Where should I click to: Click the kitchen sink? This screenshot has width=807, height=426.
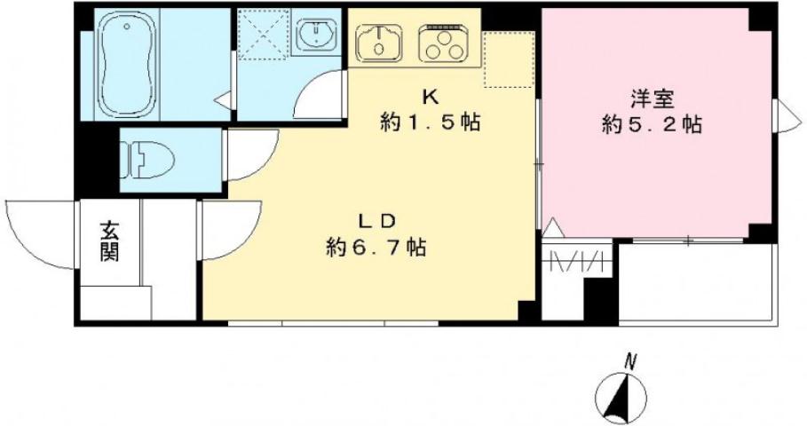point(378,39)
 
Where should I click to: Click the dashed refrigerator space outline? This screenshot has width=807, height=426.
point(509,59)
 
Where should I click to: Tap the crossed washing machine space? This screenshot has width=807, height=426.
point(264,37)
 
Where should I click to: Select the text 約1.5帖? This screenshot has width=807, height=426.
point(430,124)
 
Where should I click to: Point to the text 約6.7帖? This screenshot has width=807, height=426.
point(375,248)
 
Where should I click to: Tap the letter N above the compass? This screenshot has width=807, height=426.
point(629,361)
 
